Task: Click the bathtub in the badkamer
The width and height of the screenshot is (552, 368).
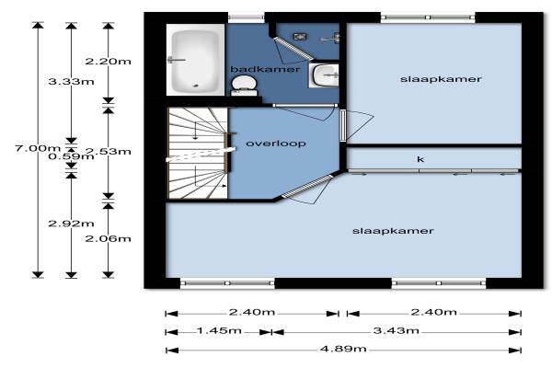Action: tap(195, 60)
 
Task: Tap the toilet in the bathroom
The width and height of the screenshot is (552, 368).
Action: tap(245, 86)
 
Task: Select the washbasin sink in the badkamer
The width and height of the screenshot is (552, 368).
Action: tap(324, 75)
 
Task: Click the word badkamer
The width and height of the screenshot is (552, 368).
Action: tap(265, 69)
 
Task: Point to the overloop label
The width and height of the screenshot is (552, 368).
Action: tap(276, 144)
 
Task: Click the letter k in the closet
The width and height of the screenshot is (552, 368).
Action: tap(420, 159)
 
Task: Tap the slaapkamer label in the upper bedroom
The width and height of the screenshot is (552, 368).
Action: tap(441, 79)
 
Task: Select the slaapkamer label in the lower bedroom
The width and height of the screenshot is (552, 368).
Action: tap(393, 231)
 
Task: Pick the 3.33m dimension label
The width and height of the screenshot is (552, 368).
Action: tap(71, 82)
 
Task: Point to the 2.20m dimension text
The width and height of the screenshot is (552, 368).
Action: tap(108, 62)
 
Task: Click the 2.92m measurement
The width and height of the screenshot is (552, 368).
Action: tap(71, 224)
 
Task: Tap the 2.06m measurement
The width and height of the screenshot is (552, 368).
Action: tap(108, 239)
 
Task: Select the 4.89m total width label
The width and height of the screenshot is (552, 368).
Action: tap(343, 349)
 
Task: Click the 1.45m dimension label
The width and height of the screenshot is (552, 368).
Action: tap(219, 330)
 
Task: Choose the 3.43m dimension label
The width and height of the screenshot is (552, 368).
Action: tap(396, 330)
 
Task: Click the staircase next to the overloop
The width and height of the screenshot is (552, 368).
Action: tap(197, 154)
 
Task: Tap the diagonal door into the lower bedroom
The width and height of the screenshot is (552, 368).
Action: tap(307, 186)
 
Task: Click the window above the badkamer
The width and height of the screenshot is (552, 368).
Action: tap(246, 17)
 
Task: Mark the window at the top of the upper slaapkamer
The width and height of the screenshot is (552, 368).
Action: tap(428, 17)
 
